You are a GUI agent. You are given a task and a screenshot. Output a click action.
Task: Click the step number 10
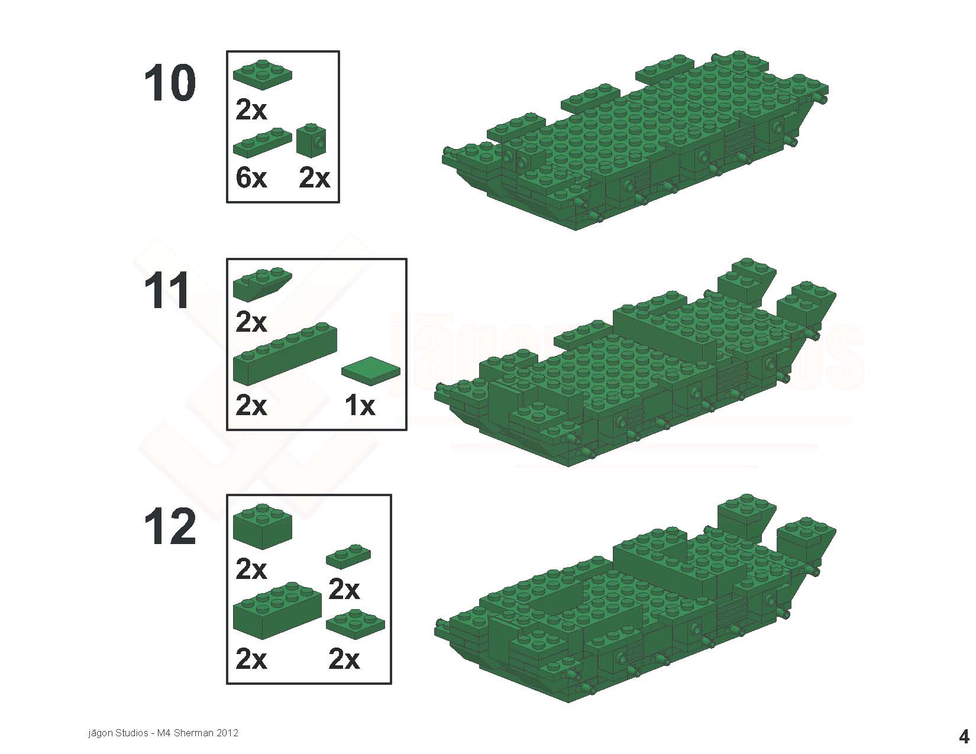click(170, 83)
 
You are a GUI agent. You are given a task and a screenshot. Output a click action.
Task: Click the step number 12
click(170, 528)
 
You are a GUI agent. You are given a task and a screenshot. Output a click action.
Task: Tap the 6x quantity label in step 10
click(251, 178)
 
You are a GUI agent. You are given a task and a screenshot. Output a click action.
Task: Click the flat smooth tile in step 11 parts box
click(370, 370)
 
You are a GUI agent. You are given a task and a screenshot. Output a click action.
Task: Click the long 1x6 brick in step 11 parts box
click(285, 354)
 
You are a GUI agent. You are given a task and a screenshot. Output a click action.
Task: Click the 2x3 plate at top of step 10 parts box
click(262, 74)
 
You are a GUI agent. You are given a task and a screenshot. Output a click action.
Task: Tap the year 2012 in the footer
click(228, 733)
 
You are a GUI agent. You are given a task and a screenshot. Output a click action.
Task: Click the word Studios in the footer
click(132, 733)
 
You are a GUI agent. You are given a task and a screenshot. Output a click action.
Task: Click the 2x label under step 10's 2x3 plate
click(251, 109)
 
